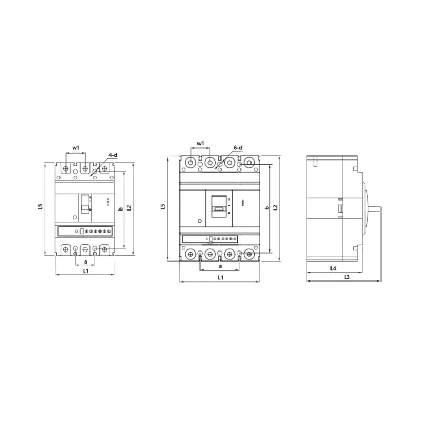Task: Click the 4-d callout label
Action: coord(113,155)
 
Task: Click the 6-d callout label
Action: coord(238,148)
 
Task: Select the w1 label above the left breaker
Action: coord(76,148)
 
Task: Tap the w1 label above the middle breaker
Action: coord(201,143)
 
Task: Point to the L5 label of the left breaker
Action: coord(40,206)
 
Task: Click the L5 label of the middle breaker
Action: coord(163,206)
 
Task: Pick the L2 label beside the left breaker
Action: coord(129,207)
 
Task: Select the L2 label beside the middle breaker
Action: coord(275,207)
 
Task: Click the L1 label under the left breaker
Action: coord(85,271)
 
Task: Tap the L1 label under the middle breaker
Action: coord(220,278)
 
